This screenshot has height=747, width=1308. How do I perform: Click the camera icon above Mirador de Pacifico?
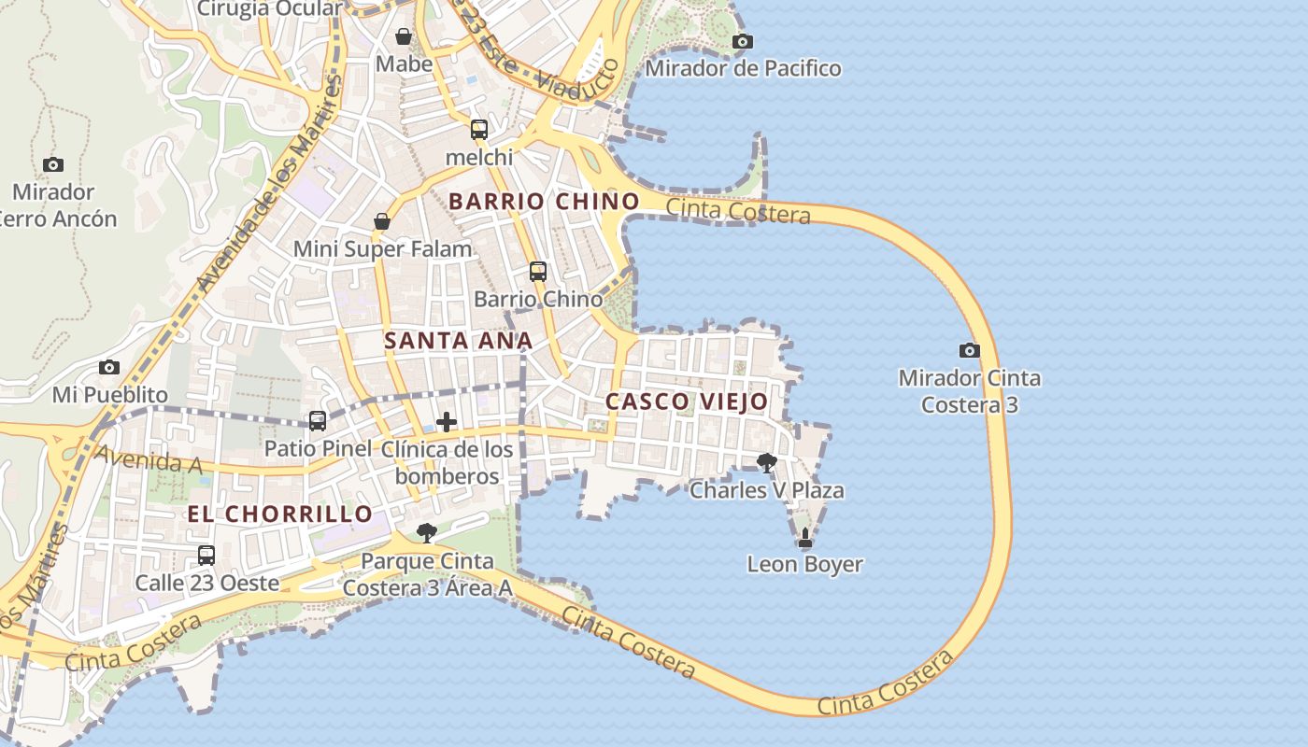(x=743, y=41)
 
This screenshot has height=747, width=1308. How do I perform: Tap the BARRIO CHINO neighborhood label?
(x=544, y=201)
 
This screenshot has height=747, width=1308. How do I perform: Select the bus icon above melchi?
(x=479, y=130)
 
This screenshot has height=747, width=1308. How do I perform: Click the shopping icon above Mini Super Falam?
(x=382, y=221)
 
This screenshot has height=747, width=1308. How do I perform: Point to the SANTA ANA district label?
(x=458, y=341)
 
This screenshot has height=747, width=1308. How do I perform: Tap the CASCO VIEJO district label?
(x=687, y=402)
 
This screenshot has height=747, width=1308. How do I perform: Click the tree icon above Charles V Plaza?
(x=766, y=462)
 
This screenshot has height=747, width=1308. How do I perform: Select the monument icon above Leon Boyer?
(x=805, y=538)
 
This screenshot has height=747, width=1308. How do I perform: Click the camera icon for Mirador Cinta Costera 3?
(x=970, y=350)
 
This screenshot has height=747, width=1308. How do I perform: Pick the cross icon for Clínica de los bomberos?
(x=447, y=421)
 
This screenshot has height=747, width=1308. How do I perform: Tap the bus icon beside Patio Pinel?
(x=318, y=421)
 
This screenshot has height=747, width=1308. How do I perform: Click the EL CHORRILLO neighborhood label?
(x=280, y=514)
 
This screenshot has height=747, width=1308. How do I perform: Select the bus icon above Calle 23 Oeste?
(x=206, y=556)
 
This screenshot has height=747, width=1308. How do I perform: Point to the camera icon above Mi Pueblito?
(x=109, y=367)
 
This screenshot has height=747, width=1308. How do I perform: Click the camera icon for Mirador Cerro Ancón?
(x=53, y=164)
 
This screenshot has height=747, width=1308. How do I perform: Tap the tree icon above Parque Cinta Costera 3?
(x=427, y=533)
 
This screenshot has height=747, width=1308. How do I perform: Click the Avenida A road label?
(x=136, y=459)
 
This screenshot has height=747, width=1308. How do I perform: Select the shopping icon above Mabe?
(x=404, y=36)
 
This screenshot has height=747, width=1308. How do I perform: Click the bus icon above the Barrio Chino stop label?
(x=538, y=272)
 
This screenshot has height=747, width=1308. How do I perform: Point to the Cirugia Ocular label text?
(x=269, y=9)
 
